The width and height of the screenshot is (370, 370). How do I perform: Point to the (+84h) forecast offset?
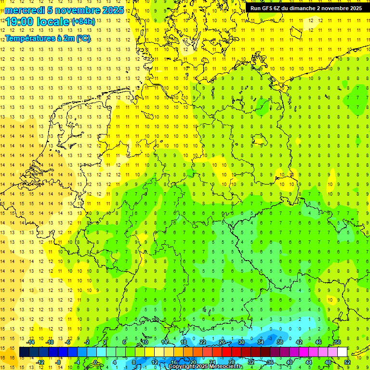(83, 22)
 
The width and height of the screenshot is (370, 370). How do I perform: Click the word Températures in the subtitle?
(28, 38)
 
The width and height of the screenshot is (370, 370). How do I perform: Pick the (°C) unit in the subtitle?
(82, 38)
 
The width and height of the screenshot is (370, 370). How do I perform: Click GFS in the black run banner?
(267, 8)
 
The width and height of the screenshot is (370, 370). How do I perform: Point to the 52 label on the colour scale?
(347, 362)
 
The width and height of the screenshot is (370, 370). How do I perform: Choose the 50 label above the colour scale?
(338, 342)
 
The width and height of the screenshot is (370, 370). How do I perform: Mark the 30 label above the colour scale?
(241, 342)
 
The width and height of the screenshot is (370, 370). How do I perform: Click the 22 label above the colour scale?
(203, 342)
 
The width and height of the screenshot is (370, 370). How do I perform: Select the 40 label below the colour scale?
(290, 362)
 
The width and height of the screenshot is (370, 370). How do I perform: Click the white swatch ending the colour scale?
(343, 352)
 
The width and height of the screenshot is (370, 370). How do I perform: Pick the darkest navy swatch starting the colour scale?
(24, 352)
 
